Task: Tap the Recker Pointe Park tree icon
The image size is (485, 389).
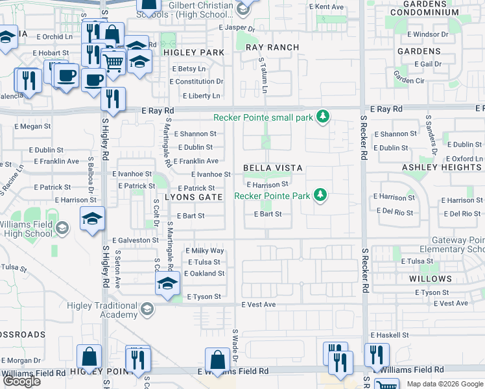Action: pyautogui.click(x=319, y=194)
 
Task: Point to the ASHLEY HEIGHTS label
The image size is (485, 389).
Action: pyautogui.click(x=442, y=167)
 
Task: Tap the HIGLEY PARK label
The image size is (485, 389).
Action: pyautogui.click(x=193, y=52)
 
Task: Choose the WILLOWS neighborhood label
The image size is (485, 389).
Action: pyautogui.click(x=431, y=279)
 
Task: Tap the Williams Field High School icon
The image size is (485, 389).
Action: pyautogui.click(x=62, y=228)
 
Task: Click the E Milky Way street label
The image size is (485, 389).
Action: pyautogui.click(x=205, y=250)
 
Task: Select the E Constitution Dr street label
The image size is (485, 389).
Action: pyautogui.click(x=196, y=82)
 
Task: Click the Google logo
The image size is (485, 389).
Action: pyautogui.click(x=22, y=381)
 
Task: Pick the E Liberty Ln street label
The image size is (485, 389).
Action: pyautogui.click(x=202, y=96)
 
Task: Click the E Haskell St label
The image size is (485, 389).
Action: pyautogui.click(x=389, y=335)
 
